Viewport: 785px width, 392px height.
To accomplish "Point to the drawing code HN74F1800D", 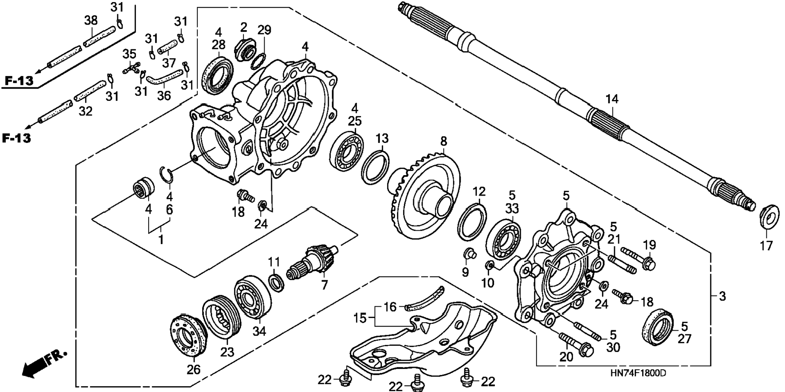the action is [x=638, y=373].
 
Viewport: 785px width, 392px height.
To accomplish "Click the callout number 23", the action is [x=227, y=351].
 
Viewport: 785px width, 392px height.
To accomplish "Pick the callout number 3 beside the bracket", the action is [x=722, y=296].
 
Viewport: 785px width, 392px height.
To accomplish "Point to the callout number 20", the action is [x=567, y=357].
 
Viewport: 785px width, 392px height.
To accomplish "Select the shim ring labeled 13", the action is [x=376, y=166].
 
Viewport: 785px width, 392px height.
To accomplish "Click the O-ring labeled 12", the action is [x=472, y=222].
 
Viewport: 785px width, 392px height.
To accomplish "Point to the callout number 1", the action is [x=161, y=239].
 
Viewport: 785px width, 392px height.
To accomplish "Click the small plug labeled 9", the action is [x=469, y=254].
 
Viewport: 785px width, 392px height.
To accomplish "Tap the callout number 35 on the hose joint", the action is [x=129, y=54].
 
